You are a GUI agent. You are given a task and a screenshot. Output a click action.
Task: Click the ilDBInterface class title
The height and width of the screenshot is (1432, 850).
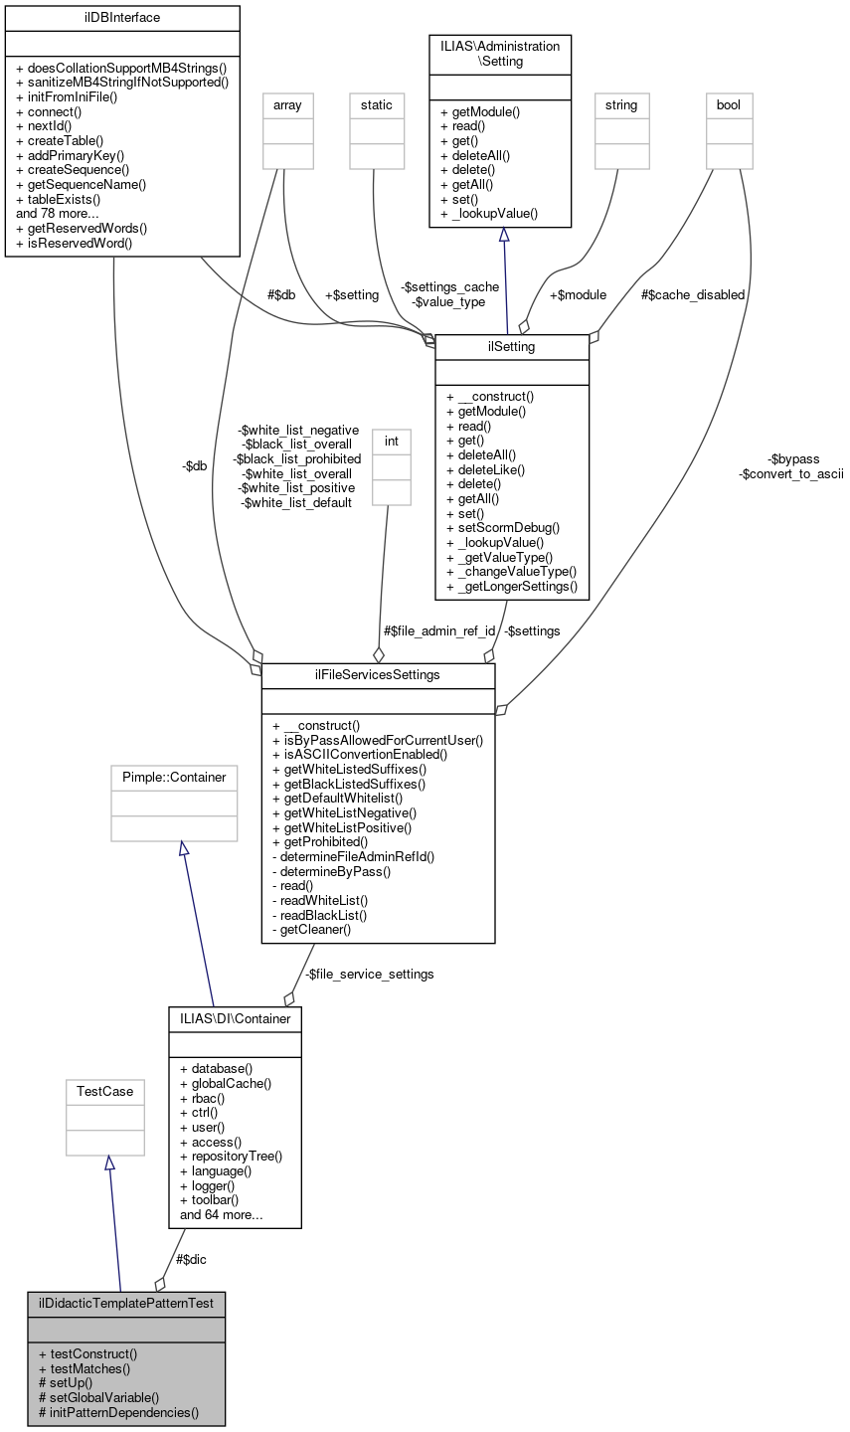pos(121,18)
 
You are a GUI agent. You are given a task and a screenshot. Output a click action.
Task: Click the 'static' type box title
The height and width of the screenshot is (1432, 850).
pos(377,104)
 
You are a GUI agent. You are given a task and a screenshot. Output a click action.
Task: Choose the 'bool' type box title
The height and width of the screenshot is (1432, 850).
pos(729,104)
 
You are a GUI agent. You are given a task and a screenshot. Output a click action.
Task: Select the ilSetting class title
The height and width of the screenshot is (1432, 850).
pos(512,346)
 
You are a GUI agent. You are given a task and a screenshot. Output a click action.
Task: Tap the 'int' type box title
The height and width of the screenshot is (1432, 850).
pos(390,440)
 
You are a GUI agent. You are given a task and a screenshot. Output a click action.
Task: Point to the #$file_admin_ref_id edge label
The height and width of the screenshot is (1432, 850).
pos(438,630)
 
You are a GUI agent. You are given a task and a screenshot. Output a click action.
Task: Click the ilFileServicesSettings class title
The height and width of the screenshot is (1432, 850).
pos(378,675)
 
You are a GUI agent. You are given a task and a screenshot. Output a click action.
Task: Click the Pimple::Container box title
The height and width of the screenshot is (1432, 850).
pos(174,777)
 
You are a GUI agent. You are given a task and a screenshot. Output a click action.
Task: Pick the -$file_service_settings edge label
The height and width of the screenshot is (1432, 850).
pos(369,974)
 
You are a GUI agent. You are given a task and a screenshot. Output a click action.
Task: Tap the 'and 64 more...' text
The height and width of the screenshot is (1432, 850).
pos(221,1214)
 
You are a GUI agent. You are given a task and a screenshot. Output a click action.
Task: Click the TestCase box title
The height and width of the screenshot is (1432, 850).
pos(105,1091)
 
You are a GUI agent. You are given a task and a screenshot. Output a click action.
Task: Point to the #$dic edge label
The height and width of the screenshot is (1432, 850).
pos(191,1259)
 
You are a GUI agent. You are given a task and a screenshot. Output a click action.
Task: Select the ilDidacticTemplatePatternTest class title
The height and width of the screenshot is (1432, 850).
pos(126,1303)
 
